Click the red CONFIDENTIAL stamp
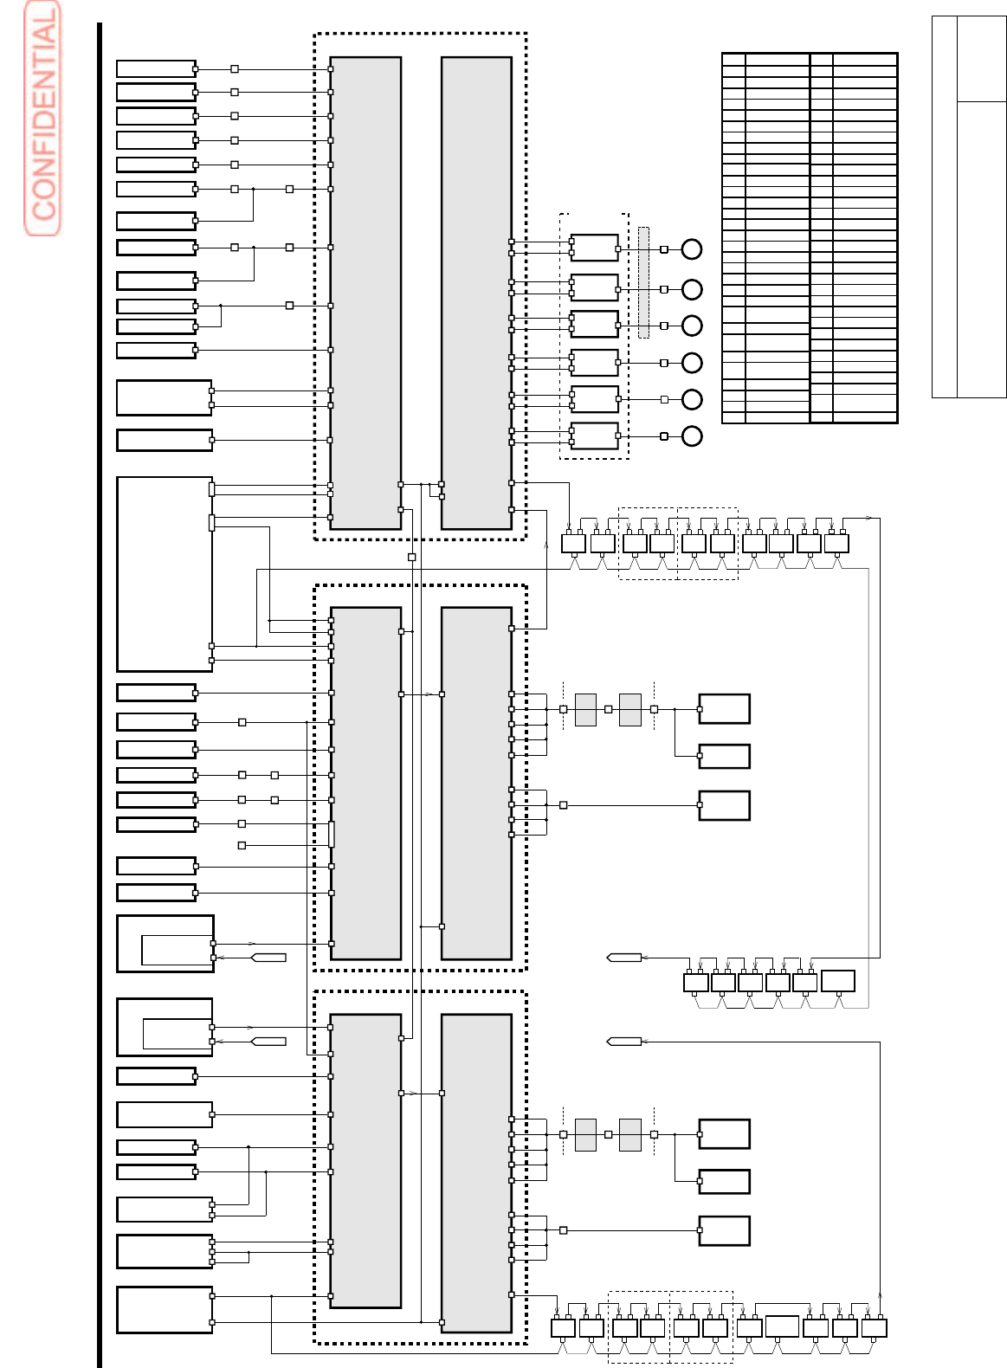click(42, 119)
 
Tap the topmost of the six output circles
click(691, 249)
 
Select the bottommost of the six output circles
click(691, 436)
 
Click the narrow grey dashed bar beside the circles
click(643, 282)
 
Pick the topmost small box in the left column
click(156, 68)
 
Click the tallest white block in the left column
click(165, 573)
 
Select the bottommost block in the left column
click(165, 1309)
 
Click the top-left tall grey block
click(365, 293)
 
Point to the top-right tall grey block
click(476, 293)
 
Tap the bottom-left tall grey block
click(365, 1160)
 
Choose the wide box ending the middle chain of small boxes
click(837, 981)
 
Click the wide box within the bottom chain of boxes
click(782, 1326)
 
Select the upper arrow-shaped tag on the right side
click(624, 958)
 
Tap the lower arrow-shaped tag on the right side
click(624, 1042)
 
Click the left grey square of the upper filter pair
click(585, 709)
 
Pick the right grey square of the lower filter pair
click(630, 1134)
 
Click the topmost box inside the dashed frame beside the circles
click(594, 248)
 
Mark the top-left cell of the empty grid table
click(733, 60)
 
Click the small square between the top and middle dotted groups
click(412, 557)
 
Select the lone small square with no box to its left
click(242, 845)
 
